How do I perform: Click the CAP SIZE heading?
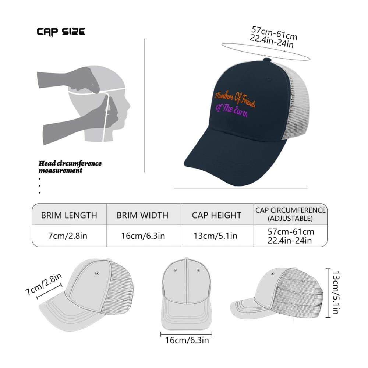[x=61, y=32]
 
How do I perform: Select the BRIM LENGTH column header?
[x=69, y=215]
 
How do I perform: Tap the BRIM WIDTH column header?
[x=142, y=215]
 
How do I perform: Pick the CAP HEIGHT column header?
[x=216, y=215]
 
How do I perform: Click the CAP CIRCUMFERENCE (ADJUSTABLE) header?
[x=290, y=214]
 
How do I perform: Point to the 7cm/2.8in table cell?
[x=68, y=236]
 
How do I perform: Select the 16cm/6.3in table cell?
[x=143, y=236]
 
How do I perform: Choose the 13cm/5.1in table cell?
[x=215, y=236]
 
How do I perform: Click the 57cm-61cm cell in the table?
[x=291, y=231]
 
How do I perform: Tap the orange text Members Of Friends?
[x=235, y=99]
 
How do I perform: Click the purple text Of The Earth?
[x=231, y=111]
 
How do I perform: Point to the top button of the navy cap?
[x=267, y=60]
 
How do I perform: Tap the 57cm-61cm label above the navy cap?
[x=274, y=33]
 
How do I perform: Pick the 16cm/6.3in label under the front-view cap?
[x=187, y=340]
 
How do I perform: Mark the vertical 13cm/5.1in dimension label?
[x=336, y=293]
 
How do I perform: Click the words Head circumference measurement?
[x=70, y=167]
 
